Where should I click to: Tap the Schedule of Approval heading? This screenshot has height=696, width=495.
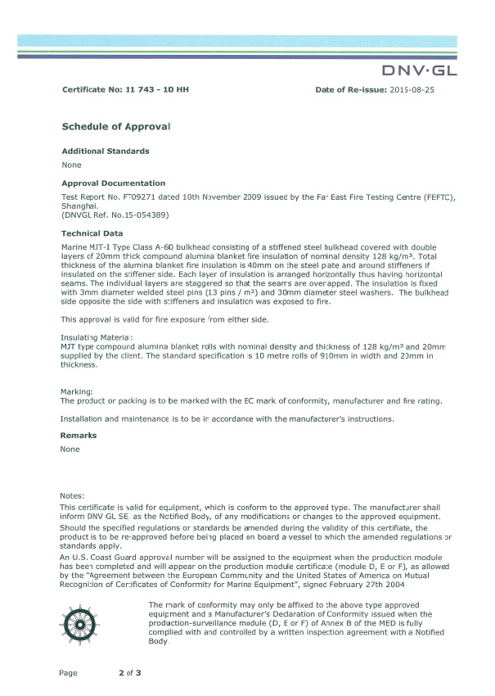coord(117,126)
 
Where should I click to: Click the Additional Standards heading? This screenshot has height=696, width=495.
coord(106,151)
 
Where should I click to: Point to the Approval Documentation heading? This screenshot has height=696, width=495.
coord(114,183)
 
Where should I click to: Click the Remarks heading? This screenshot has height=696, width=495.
coord(79,436)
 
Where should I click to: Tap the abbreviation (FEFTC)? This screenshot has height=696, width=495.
coord(434,197)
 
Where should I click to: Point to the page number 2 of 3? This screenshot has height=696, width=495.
coord(130,673)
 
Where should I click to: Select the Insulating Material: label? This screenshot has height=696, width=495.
coord(97,337)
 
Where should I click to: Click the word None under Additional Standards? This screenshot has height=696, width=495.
coord(71,165)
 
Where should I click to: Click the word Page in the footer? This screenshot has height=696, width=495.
coord(68,673)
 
